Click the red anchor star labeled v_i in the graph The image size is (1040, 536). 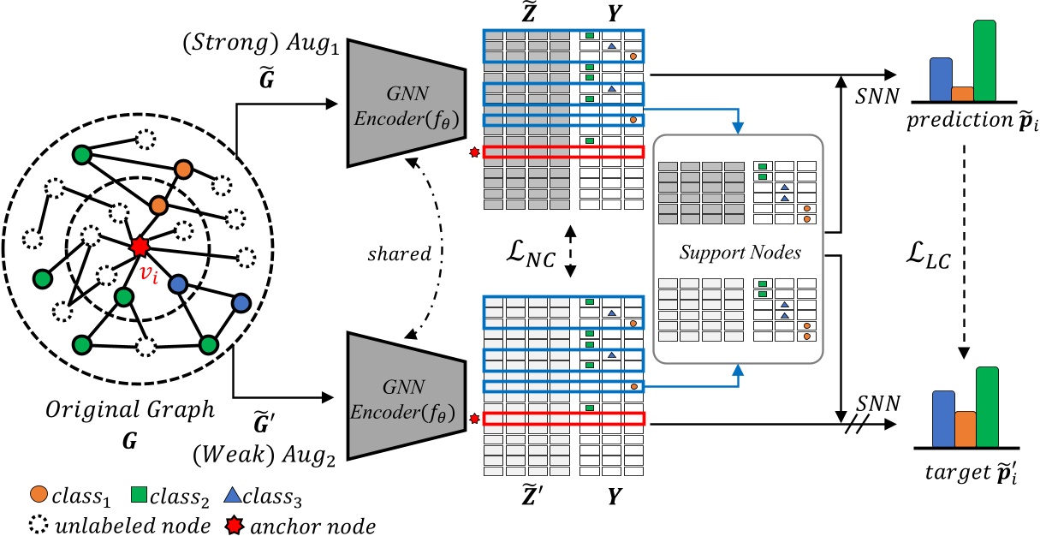pos(140,247)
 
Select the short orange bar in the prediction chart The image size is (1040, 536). pos(963,94)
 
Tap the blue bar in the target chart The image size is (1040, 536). pos(942,418)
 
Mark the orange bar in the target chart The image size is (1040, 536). pos(965,428)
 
